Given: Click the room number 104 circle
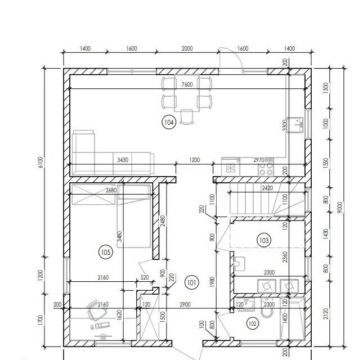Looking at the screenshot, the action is tap(169, 122).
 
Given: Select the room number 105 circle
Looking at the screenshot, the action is tap(106, 252).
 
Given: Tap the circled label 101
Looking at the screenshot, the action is tap(192, 282).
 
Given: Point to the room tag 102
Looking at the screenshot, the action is tap(252, 323).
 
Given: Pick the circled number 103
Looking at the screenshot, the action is tap(264, 240).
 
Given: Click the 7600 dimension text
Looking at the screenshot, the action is tap(187, 84).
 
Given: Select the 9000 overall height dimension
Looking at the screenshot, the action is tap(339, 208).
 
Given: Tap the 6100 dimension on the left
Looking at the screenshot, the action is tap(41, 162).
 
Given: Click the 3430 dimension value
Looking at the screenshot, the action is tap(123, 160).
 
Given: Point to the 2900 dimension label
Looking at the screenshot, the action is tap(185, 304).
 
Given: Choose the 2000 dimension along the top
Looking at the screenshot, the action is tap(187, 48).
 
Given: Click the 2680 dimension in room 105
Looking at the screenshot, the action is tap(111, 190).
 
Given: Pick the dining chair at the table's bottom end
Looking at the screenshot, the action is tap(187, 117).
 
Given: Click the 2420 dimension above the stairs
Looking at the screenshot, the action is tap(267, 188).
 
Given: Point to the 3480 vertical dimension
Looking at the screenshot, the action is tap(119, 236).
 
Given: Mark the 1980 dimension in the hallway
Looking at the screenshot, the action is tap(212, 282).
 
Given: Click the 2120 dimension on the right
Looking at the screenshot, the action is tap(326, 313).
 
